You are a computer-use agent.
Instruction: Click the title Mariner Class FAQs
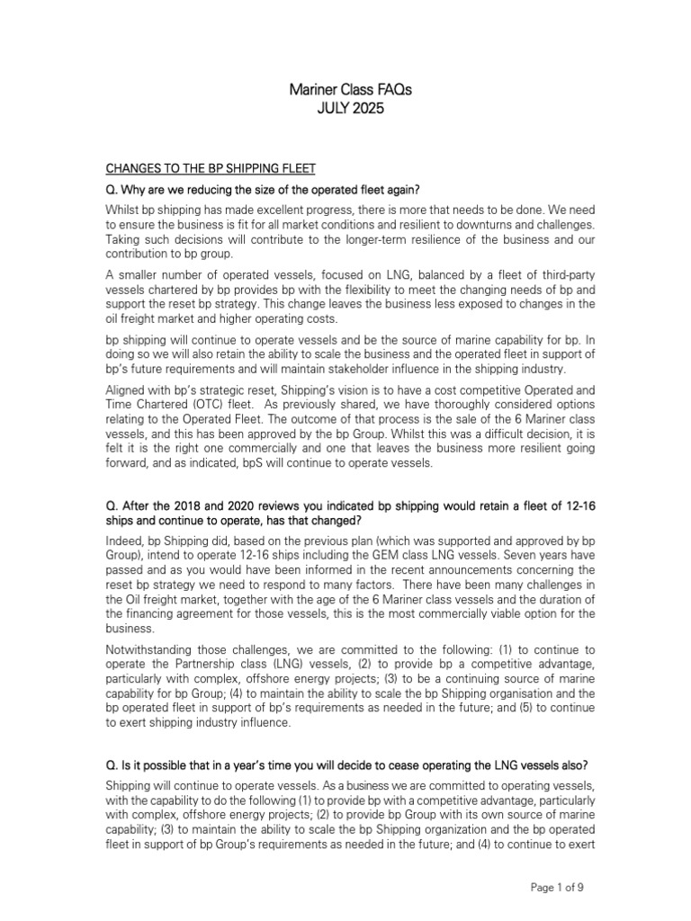click(345, 91)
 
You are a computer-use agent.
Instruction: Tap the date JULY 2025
click(345, 110)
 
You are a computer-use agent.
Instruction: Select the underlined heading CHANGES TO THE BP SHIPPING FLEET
click(211, 167)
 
